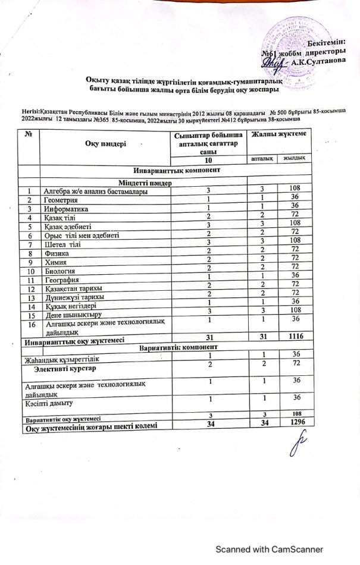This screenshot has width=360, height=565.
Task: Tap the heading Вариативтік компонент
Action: pyautogui.click(x=179, y=346)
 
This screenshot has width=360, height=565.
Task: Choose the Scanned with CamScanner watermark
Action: pyautogui.click(x=269, y=549)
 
